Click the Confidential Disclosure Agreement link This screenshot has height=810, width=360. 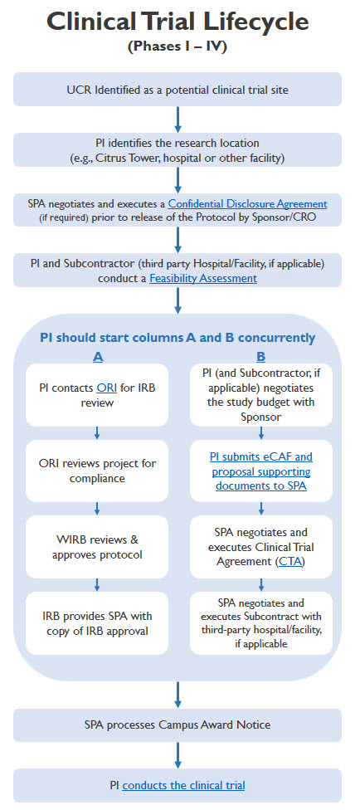click(x=247, y=203)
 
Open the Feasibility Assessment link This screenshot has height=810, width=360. click(x=203, y=279)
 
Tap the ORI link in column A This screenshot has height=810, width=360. click(x=106, y=388)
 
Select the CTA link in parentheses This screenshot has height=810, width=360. click(x=291, y=562)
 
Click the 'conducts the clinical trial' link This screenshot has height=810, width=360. click(x=183, y=786)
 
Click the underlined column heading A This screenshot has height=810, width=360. click(x=97, y=356)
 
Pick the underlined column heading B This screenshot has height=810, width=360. click(x=260, y=356)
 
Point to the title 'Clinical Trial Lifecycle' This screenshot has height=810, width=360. click(x=178, y=22)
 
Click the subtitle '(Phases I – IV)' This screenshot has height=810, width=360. click(x=178, y=46)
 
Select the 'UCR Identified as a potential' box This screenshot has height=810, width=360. click(x=178, y=90)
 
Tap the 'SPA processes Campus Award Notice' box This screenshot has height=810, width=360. click(x=178, y=725)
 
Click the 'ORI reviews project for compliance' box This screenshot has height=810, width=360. click(x=97, y=471)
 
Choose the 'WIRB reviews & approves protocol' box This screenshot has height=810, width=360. click(x=97, y=547)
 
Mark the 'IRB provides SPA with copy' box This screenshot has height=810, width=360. click(x=97, y=623)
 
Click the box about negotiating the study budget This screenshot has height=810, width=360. click(x=260, y=395)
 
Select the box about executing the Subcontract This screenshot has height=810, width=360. click(x=260, y=623)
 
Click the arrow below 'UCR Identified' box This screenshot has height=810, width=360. click(x=178, y=120)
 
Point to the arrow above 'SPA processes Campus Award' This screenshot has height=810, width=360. click(x=178, y=695)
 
